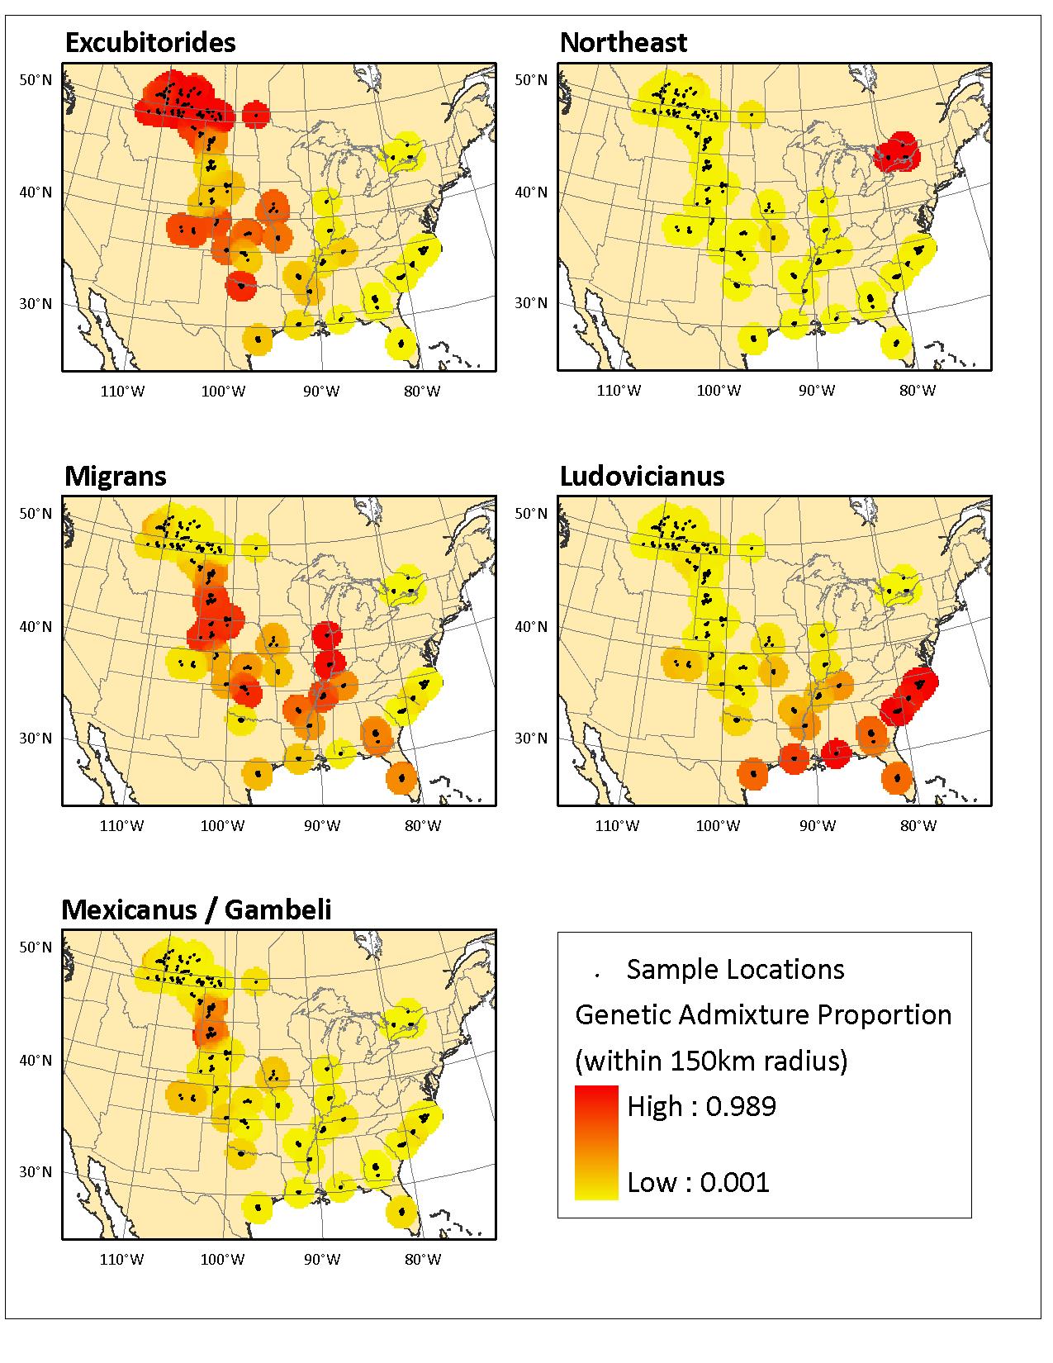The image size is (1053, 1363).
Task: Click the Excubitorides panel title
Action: coord(149,43)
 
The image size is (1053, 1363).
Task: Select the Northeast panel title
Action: coord(623,43)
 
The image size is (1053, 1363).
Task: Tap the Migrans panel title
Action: coord(115,477)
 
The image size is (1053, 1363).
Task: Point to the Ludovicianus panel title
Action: coord(642,477)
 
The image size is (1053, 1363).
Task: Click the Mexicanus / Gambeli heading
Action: coord(197,910)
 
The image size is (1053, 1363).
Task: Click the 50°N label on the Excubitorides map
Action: coord(35,80)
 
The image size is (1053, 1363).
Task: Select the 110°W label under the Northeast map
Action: coord(619,391)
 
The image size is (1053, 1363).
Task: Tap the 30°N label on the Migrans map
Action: coord(35,738)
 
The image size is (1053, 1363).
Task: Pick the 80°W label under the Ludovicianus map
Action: coord(918,824)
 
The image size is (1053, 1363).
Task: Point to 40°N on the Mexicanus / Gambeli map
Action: coord(35,1060)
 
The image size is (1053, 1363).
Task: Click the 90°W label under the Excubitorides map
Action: coord(321,391)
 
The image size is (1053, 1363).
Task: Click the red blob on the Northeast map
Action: coord(897,151)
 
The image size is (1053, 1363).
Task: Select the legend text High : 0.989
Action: coord(701,1106)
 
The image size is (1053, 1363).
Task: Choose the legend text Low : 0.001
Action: coord(698,1182)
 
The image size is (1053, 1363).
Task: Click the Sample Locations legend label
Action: coord(735,969)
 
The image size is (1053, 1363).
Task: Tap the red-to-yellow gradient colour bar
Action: coord(595,1142)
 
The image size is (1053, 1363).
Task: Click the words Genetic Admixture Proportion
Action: coord(763,1014)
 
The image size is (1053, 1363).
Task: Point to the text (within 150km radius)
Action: coord(711,1060)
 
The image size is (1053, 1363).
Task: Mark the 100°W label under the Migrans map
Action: coord(223,824)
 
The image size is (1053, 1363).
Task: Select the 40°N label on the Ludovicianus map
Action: coord(530,626)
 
